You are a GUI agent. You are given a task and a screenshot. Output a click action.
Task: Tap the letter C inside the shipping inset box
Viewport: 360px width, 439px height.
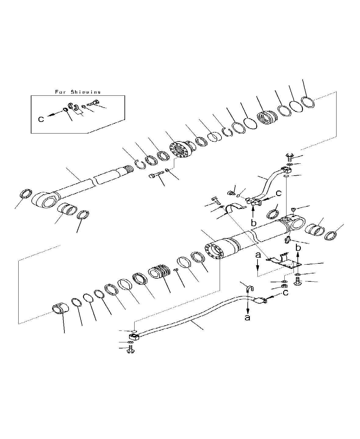pos(41,119)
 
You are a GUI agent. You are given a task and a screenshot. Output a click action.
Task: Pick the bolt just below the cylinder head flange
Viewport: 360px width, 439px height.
pos(155,176)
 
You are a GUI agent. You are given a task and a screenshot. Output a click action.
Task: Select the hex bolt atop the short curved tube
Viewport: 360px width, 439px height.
pos(289,157)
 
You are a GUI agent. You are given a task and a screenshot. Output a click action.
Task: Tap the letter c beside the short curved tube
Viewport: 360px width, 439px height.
pos(278,193)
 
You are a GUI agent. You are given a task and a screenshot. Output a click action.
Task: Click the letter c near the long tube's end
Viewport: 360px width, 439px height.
pos(285,293)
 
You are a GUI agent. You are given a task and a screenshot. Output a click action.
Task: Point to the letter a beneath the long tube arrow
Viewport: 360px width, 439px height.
pos(248,318)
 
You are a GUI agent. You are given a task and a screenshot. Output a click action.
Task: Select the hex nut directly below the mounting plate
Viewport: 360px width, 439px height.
pos(284,287)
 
